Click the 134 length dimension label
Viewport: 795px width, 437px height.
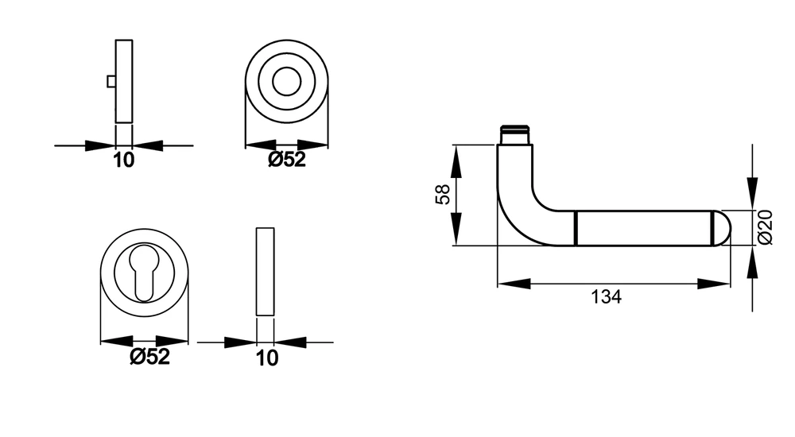(x=606, y=296)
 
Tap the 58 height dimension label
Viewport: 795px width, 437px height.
(x=443, y=194)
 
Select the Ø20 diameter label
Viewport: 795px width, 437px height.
(x=765, y=227)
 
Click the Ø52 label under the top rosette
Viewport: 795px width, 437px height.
(x=287, y=160)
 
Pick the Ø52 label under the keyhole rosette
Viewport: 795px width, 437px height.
(x=149, y=357)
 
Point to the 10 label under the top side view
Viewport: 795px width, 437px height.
(x=124, y=160)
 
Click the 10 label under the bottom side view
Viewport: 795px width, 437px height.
(x=266, y=358)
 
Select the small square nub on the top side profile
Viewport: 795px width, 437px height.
(x=111, y=81)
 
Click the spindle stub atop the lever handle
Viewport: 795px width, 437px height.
(x=514, y=134)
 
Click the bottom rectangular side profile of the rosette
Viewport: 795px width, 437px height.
(x=266, y=272)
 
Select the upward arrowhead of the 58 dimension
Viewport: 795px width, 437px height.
(x=456, y=161)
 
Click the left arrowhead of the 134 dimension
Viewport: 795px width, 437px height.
(x=514, y=284)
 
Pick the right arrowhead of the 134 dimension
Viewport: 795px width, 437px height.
(x=714, y=284)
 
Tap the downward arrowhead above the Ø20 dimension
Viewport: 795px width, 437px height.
(x=752, y=193)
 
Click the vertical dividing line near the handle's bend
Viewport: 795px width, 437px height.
(x=576, y=228)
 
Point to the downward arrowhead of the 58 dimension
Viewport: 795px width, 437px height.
(x=456, y=230)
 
